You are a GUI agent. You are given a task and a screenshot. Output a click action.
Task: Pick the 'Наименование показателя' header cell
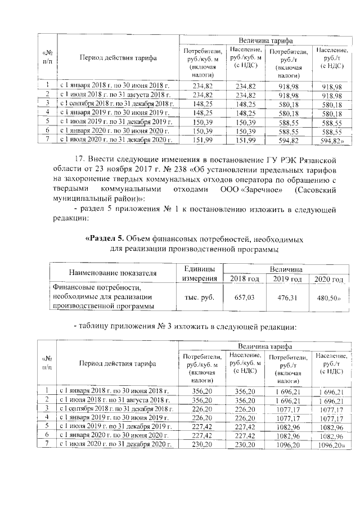pos(112,273)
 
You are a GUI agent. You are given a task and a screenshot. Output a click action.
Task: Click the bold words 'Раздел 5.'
pos(103,238)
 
